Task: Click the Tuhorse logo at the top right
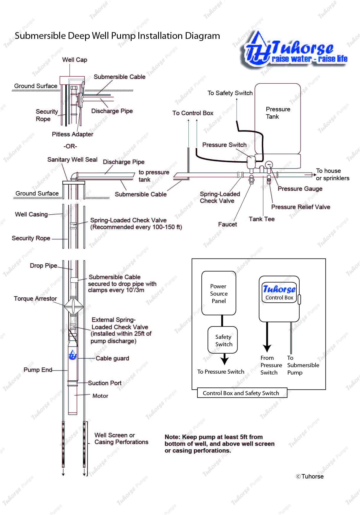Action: coord(295,50)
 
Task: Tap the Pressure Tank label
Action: coord(278,113)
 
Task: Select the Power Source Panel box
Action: coord(218,293)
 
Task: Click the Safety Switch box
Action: coord(223,340)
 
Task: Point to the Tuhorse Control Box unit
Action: coord(279,299)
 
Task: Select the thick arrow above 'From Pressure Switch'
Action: coord(267,339)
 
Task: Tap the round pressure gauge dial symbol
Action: coord(269,165)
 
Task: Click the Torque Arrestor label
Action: coord(35,299)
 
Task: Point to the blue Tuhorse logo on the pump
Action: coord(72,355)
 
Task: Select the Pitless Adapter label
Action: coord(72,134)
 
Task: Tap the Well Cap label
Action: coord(74,60)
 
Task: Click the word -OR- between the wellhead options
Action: coord(70,146)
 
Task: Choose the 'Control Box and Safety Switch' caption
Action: coord(241,393)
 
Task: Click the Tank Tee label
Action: coord(261,219)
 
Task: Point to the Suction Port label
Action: coord(104,383)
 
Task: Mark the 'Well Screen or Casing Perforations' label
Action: coord(121,438)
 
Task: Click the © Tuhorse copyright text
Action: coord(310,476)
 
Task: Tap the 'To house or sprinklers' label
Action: coord(332,174)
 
